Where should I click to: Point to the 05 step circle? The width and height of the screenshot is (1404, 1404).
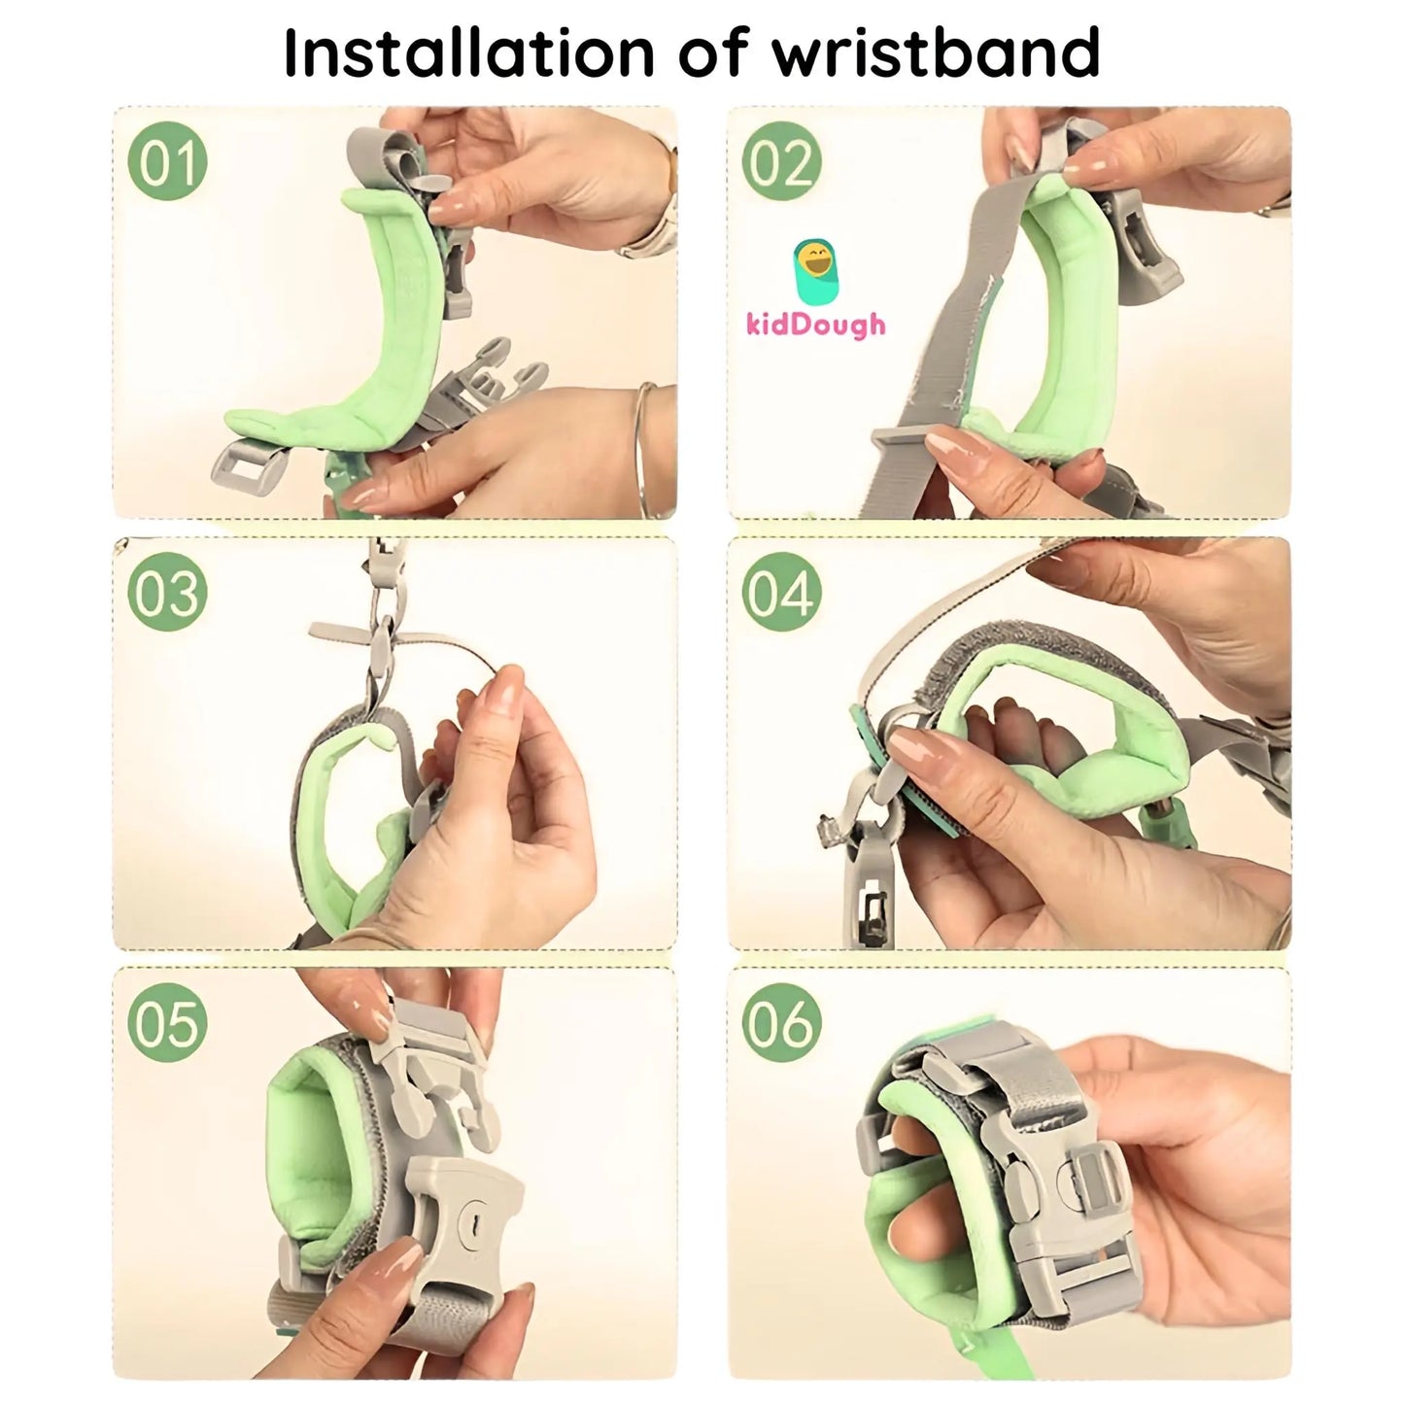pos(168,1024)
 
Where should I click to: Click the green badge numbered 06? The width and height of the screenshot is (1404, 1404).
pos(782,1024)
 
